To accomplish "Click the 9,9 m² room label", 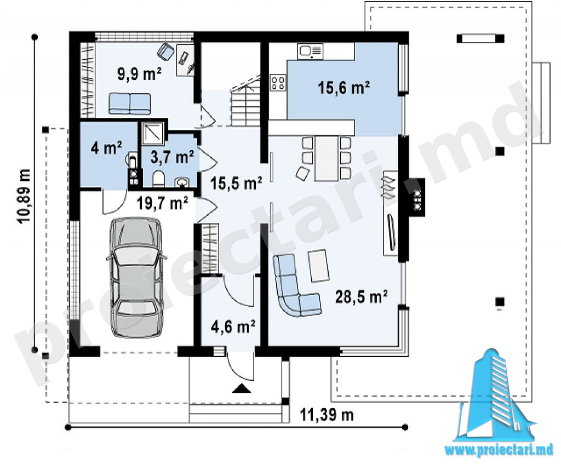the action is tap(140, 74).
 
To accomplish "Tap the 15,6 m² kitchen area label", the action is tap(344, 88).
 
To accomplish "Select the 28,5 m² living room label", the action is tap(362, 296).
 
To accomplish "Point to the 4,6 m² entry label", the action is tap(233, 326).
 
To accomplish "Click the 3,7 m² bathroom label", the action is tap(172, 157).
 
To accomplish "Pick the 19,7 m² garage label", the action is tap(163, 203).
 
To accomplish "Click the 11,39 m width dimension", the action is tap(327, 415).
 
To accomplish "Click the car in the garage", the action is tap(136, 278).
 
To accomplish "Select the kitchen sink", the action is tap(311, 51).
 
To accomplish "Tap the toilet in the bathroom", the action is tap(158, 179).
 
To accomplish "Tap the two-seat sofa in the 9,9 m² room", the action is tap(129, 104).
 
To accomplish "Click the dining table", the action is tap(327, 158).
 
